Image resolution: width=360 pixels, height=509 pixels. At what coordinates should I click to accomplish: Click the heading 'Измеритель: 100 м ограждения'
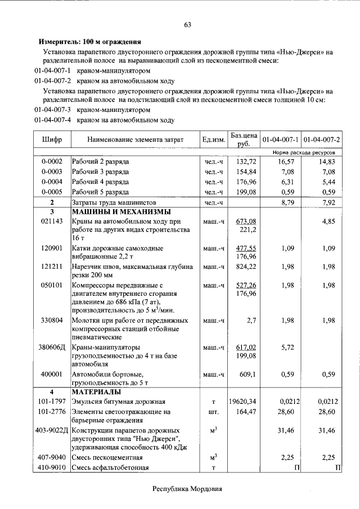point(89,42)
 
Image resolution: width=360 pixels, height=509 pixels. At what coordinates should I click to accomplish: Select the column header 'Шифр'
point(52,139)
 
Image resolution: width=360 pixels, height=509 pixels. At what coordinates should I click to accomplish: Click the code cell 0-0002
point(52,161)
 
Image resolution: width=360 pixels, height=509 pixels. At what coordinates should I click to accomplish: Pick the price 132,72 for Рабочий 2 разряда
point(246,161)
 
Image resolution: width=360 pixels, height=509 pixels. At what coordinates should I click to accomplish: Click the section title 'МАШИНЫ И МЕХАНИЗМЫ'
point(120,211)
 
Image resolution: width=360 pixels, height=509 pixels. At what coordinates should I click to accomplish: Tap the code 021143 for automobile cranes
point(52,222)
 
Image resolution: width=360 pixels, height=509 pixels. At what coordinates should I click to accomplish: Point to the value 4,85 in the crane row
point(328,222)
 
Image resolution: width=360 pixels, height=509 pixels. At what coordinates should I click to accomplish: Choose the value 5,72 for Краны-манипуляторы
point(287,348)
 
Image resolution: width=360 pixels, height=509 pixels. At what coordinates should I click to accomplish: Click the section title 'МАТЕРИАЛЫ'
point(95,391)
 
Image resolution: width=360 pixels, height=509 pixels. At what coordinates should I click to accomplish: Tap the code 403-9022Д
point(52,431)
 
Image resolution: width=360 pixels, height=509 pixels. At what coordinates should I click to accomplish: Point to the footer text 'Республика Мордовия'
point(188,489)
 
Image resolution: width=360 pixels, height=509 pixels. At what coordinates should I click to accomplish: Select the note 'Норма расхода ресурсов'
point(304,152)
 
